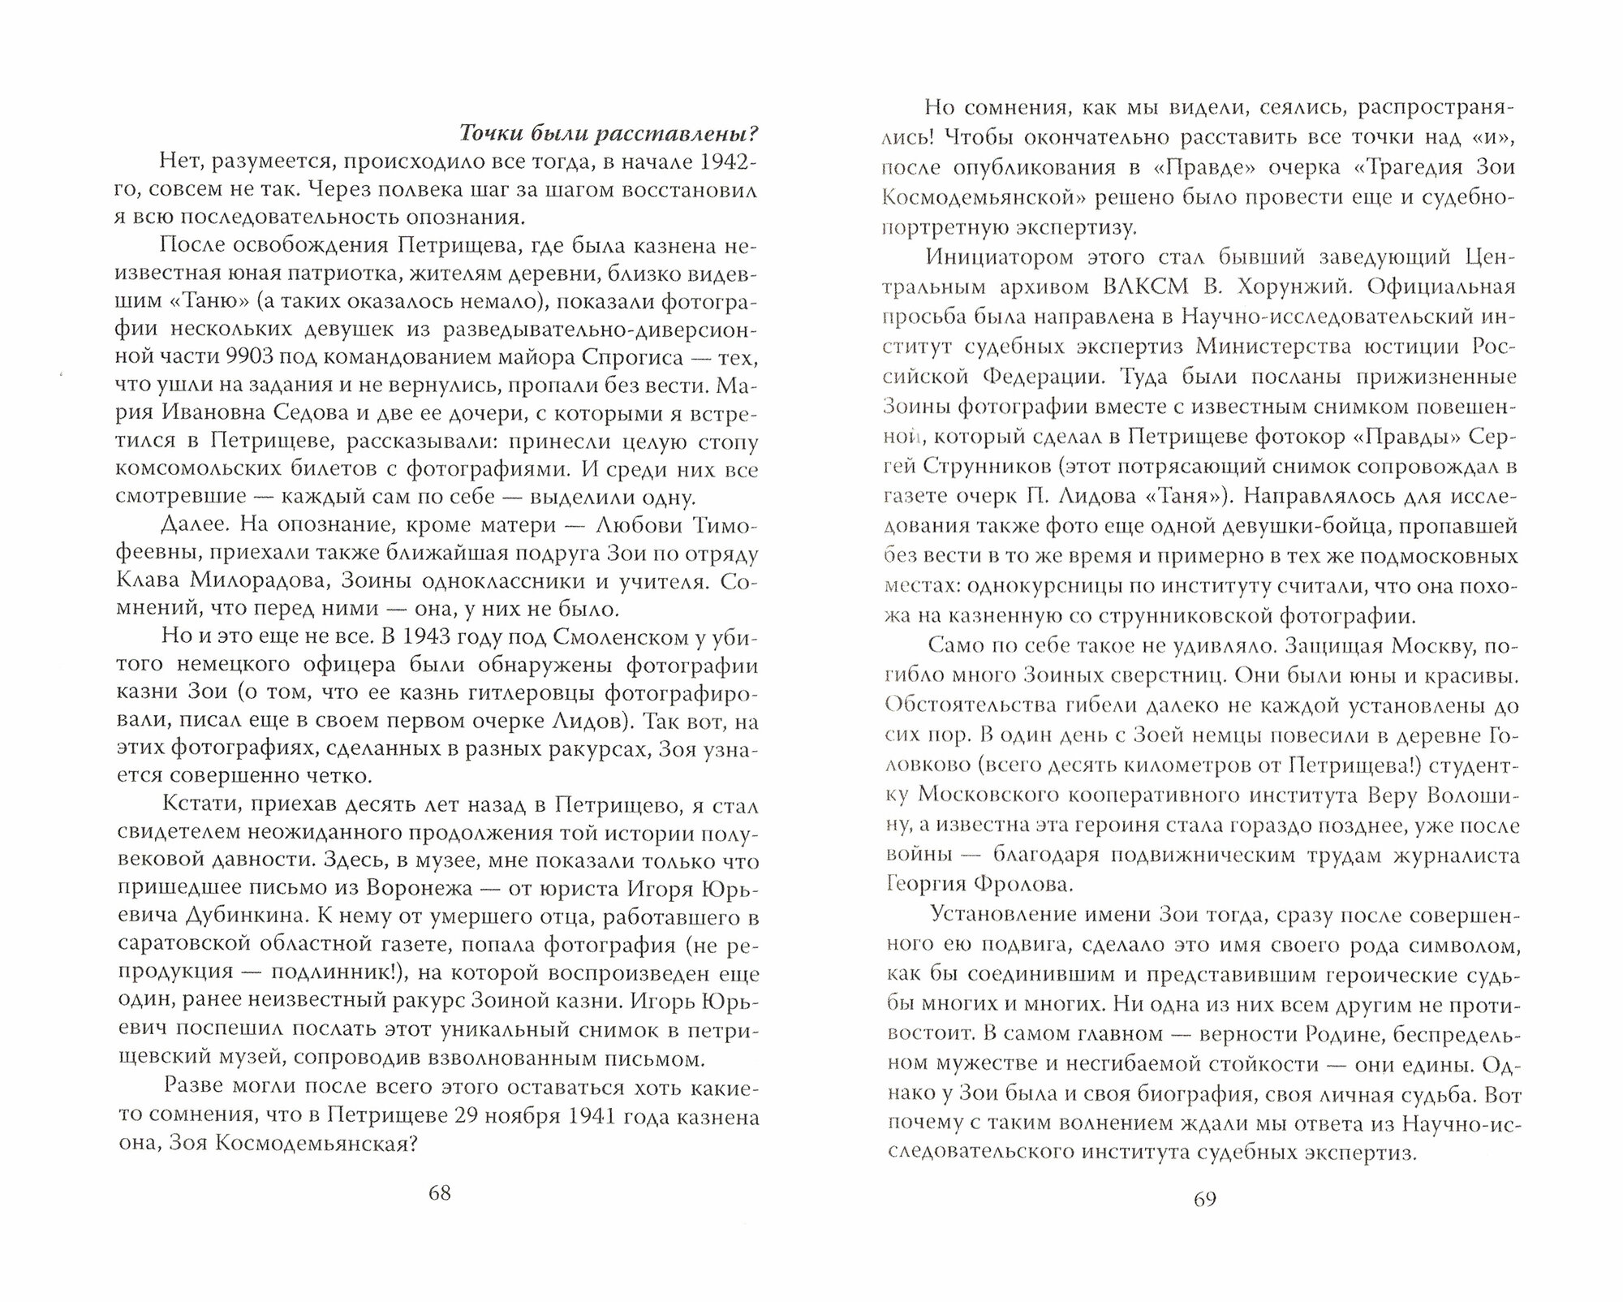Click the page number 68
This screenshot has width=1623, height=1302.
(439, 1192)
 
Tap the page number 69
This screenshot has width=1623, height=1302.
(1205, 1199)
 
